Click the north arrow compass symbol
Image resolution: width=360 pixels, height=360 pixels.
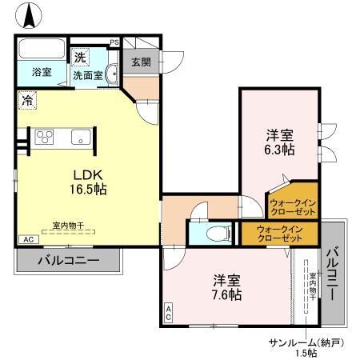(x=29, y=15)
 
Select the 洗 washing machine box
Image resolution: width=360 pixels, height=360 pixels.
(x=80, y=57)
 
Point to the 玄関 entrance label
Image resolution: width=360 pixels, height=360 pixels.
(x=141, y=62)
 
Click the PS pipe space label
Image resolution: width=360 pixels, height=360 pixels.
(x=114, y=42)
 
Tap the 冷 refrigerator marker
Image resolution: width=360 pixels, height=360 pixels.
(x=27, y=101)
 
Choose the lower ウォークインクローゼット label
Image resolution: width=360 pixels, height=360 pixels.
(x=280, y=234)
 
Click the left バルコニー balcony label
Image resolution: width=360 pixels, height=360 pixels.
(x=68, y=261)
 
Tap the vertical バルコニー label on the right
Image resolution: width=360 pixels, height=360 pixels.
(x=333, y=274)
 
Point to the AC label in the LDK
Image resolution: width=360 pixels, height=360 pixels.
(x=26, y=240)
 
